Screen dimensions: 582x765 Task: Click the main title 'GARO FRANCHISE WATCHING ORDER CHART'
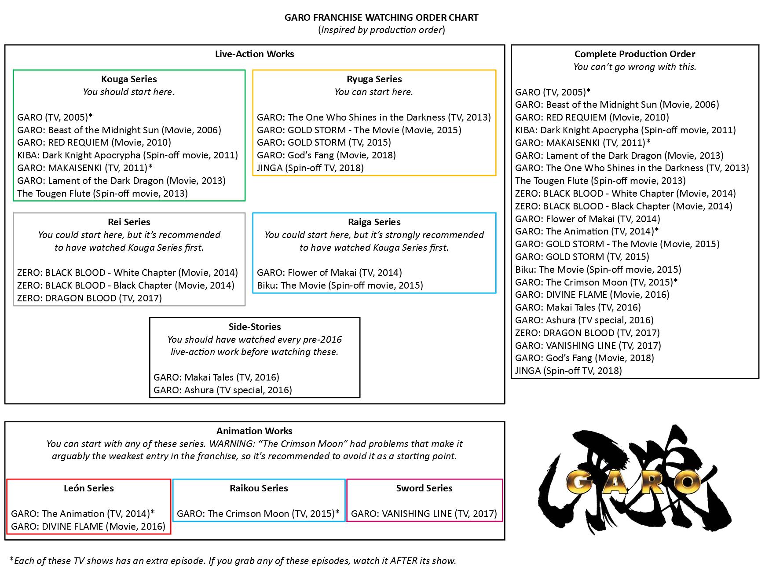coord(381,18)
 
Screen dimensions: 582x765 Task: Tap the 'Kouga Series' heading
coord(129,79)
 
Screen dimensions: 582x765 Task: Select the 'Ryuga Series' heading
coord(374,79)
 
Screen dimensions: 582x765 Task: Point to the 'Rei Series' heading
coord(129,222)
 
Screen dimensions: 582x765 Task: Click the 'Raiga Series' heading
coord(374,222)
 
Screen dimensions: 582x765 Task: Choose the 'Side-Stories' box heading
coord(255,327)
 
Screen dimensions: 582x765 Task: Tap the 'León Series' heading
coord(88,488)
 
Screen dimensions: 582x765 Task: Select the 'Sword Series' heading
coord(424,488)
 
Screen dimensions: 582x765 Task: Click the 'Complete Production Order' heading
coord(634,54)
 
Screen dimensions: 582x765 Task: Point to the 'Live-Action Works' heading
coord(254,54)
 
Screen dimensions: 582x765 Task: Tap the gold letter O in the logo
coord(685,483)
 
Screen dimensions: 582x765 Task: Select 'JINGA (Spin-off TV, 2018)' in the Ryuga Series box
coord(310,168)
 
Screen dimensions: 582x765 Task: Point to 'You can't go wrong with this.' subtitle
coord(634,67)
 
